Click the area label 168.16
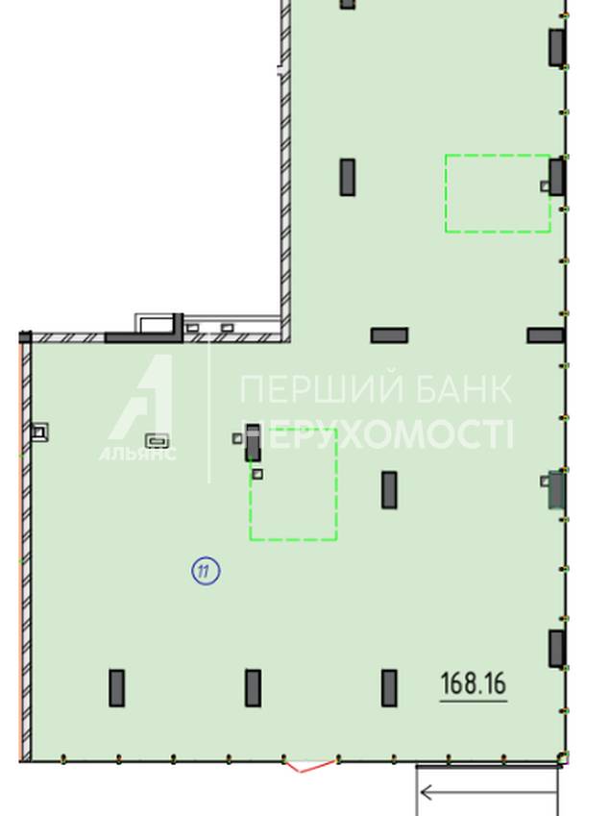click(474, 683)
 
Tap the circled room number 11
click(206, 571)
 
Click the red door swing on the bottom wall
click(309, 767)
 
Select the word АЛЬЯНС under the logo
click(137, 454)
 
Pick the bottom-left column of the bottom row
click(116, 688)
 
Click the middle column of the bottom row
click(253, 688)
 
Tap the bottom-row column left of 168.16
click(389, 688)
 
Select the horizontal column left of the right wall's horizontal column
click(389, 335)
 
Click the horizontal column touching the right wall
click(545, 335)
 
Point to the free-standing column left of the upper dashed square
click(348, 178)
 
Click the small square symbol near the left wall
click(39, 432)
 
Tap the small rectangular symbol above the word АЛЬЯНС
click(158, 441)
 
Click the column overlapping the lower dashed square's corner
click(253, 443)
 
